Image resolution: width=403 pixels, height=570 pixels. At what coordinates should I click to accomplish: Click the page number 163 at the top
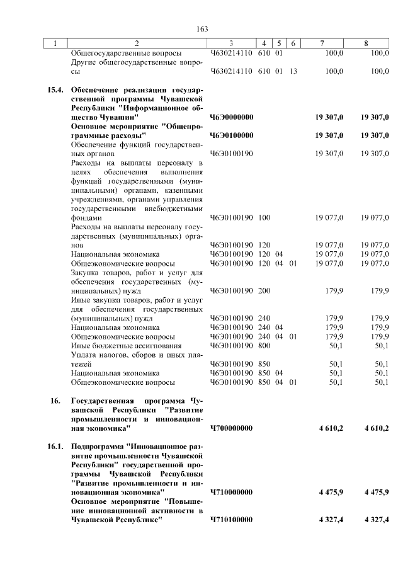(202, 29)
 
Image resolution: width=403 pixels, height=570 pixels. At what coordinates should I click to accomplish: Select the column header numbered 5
(278, 43)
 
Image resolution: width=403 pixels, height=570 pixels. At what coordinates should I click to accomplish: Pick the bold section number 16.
(55, 401)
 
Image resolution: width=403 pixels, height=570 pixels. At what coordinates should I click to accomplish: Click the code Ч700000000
(231, 428)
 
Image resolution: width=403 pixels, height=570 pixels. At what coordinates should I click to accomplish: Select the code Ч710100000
(231, 520)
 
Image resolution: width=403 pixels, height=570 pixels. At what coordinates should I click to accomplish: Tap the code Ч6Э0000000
(231, 117)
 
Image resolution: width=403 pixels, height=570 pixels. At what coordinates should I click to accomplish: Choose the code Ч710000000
(231, 492)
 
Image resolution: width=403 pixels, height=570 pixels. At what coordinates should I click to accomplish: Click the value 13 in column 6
(293, 71)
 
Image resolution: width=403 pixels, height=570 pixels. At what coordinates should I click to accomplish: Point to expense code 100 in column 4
(264, 218)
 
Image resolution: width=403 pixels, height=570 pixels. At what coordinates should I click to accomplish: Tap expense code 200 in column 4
(264, 291)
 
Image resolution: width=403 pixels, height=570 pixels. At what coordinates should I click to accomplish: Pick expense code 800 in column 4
(264, 346)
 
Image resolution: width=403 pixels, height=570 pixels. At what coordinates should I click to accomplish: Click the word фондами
(86, 218)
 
